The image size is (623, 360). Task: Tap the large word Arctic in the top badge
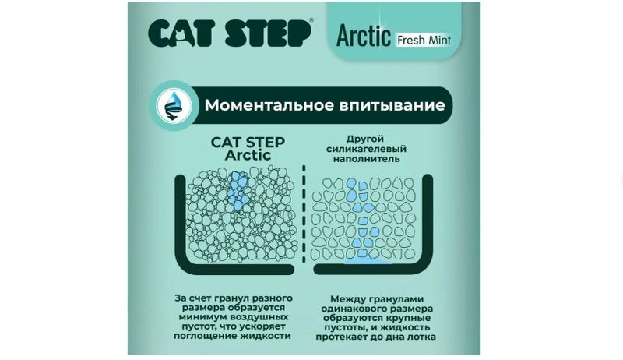pos(364,36)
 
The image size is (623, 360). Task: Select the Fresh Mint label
pos(424,41)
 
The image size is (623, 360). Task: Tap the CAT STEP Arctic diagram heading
pos(248,149)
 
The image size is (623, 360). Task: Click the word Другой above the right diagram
pos(365,139)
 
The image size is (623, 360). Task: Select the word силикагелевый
pos(366,149)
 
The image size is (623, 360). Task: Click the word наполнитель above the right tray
pos(366,159)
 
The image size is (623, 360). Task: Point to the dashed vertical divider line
pos(304,214)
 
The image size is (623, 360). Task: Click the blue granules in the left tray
pos(239,191)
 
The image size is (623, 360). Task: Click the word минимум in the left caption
pos(202,317)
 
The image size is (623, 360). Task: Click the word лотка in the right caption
pos(421,337)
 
